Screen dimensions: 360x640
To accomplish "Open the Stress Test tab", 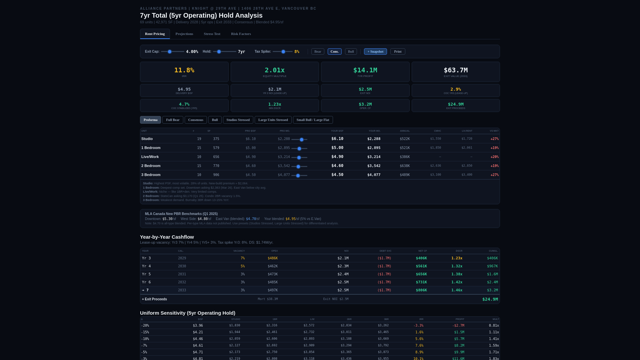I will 212,34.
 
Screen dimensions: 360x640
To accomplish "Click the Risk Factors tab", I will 241,34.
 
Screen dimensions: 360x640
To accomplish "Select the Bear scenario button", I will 318,52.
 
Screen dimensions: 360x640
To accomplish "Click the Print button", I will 398,52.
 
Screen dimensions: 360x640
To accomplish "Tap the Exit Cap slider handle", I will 170,52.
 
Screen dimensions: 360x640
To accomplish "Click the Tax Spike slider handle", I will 283,52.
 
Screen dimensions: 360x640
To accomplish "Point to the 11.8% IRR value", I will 184,70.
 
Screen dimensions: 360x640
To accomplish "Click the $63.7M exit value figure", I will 455,70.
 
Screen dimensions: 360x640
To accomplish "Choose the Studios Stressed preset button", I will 238,120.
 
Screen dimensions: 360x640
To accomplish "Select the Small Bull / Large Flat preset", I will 313,120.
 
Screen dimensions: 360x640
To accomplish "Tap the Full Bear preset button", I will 173,120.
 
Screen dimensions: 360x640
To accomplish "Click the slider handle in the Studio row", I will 302,140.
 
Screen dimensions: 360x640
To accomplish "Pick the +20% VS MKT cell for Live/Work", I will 494,157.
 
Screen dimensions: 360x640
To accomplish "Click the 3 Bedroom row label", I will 151,175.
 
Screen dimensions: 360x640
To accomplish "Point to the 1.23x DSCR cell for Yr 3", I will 457,258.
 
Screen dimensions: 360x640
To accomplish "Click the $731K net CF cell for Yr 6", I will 421,282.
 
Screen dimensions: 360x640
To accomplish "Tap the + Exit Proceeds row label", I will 154,299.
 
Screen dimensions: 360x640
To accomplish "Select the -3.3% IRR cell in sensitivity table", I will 418,326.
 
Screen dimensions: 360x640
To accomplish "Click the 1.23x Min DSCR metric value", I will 274,104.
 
